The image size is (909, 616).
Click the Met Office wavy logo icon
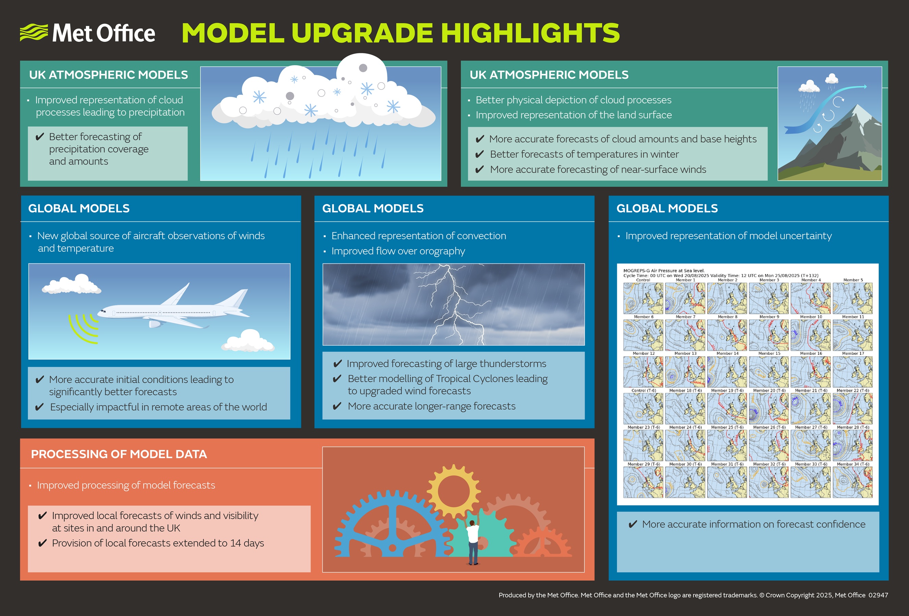[x=34, y=32]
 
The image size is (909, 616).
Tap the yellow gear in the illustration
[x=453, y=491]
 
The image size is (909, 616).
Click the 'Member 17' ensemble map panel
[x=853, y=372]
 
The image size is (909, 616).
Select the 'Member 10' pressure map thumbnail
[x=810, y=335]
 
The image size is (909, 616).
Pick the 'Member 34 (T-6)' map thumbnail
[x=853, y=482]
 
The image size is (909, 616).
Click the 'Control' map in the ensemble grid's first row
[x=643, y=298]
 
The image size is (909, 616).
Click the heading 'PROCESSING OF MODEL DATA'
[x=119, y=454]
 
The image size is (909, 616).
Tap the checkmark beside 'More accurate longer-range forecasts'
[x=337, y=407]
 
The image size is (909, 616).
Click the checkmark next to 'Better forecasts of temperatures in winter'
[x=480, y=154]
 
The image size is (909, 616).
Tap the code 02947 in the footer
[x=878, y=595]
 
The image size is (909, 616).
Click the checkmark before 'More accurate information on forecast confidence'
[x=633, y=525]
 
